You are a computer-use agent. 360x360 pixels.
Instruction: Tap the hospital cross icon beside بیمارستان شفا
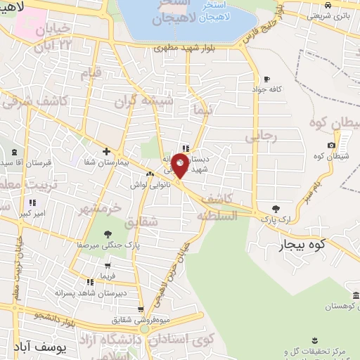[x=106, y=151]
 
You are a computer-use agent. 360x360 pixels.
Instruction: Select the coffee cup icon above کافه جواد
[x=266, y=79]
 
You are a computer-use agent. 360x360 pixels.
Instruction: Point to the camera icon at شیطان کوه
[x=332, y=145]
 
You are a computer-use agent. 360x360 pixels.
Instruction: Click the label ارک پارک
[x=275, y=220]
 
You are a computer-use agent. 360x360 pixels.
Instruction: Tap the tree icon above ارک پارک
[x=276, y=209]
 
